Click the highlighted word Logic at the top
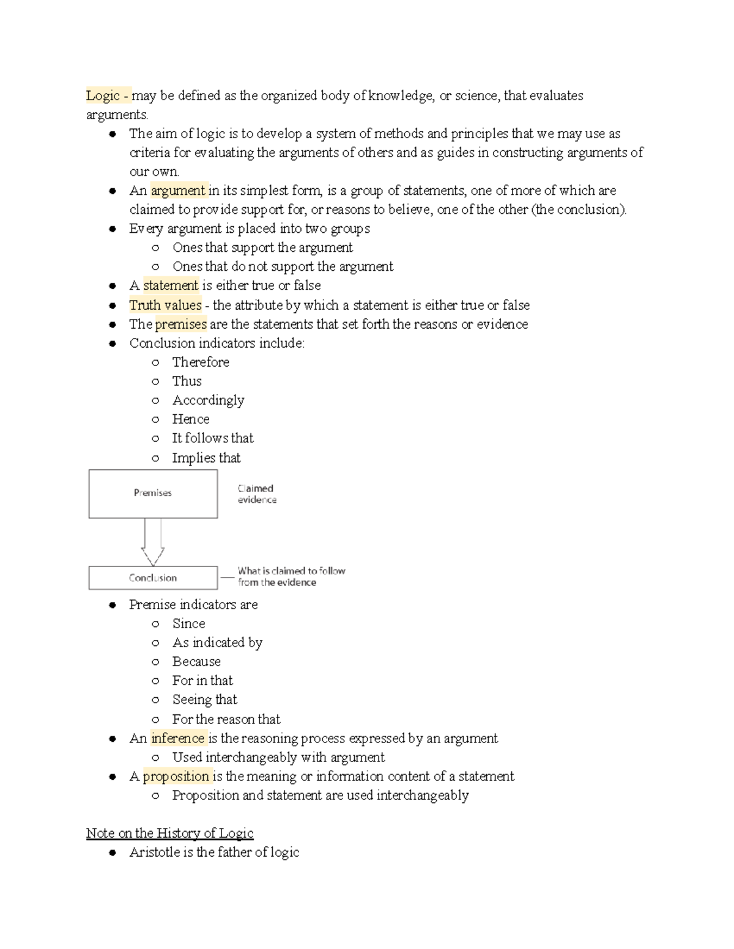(x=103, y=96)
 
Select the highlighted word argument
(x=178, y=191)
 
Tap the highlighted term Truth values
(x=165, y=305)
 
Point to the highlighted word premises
(x=181, y=324)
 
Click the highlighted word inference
(x=177, y=738)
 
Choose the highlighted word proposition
(x=176, y=776)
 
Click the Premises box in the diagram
(x=153, y=493)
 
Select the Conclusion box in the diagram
(x=153, y=577)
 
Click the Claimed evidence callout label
(x=257, y=494)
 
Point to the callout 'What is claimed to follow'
(x=291, y=576)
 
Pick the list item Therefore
(x=201, y=362)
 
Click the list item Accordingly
(x=208, y=400)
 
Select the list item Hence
(x=191, y=419)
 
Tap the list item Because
(x=196, y=662)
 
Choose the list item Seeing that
(x=204, y=700)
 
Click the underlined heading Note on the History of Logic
(x=169, y=833)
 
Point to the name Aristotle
(x=154, y=852)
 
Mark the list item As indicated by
(x=217, y=643)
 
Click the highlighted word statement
(x=171, y=285)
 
